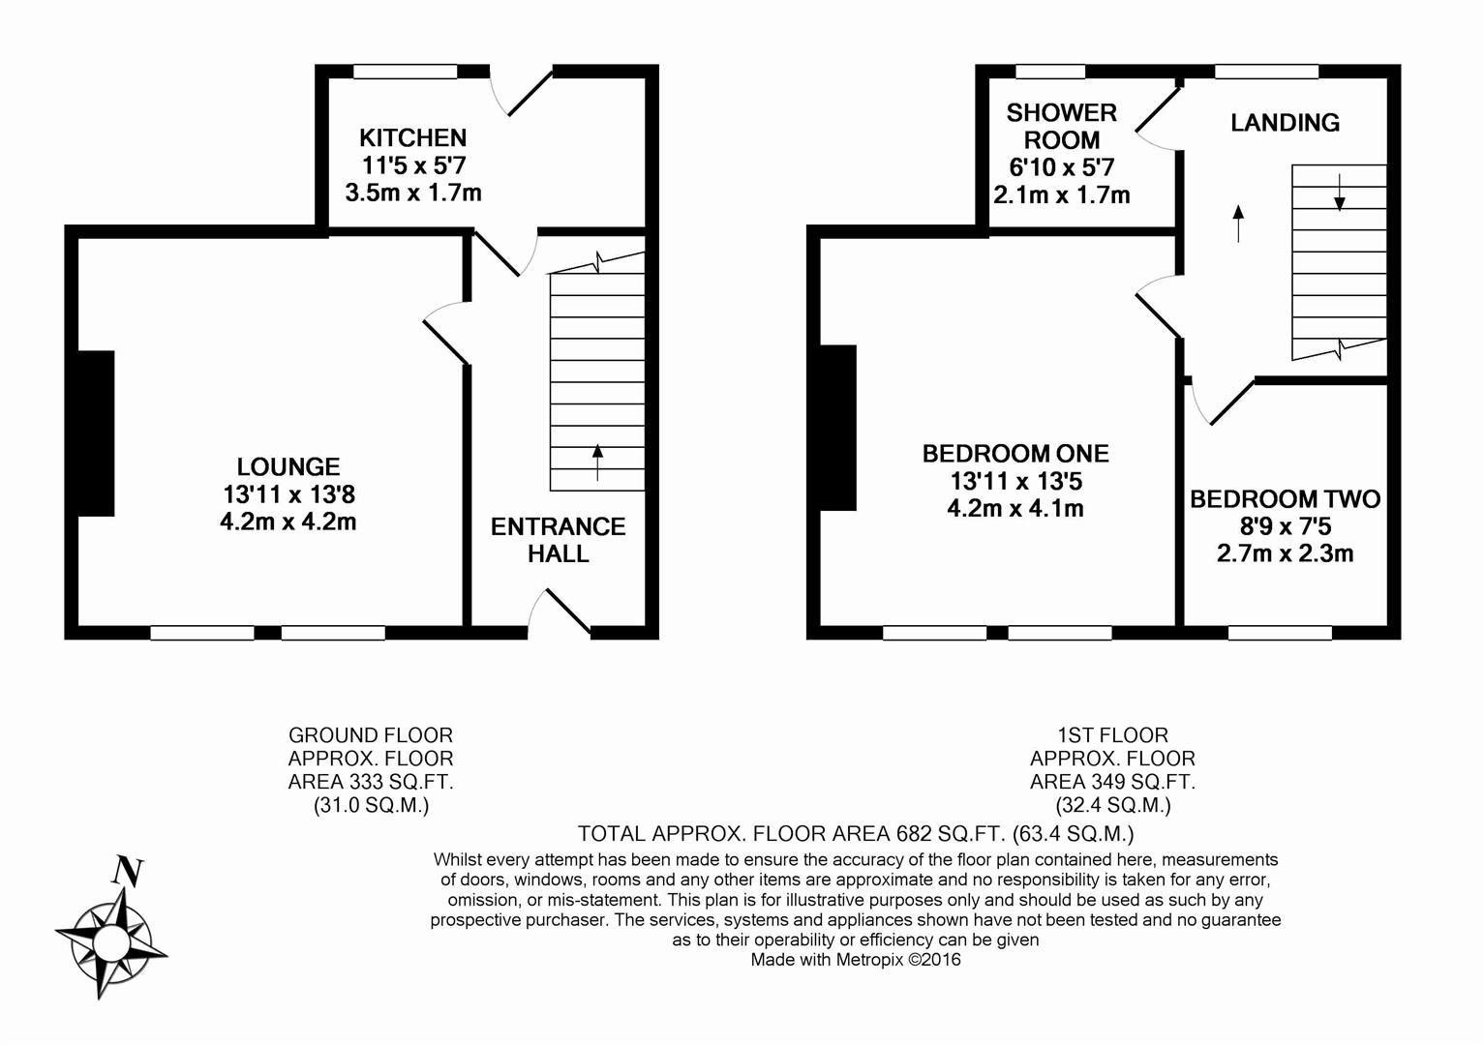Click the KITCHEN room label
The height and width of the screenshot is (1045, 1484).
(412, 138)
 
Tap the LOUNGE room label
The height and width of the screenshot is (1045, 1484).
(288, 467)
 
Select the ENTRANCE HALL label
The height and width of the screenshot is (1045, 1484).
(558, 540)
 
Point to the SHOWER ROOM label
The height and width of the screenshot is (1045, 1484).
(1061, 126)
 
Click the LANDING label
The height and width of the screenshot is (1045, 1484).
(1285, 123)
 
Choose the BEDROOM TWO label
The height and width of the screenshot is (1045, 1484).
(1285, 499)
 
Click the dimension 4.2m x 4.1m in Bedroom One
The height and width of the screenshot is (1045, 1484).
(1015, 508)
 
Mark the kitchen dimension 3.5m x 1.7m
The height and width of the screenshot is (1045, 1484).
(412, 193)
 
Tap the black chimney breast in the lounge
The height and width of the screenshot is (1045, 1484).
(96, 433)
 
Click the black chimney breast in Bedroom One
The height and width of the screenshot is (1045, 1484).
(838, 427)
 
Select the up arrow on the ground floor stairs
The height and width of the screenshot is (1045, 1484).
(597, 461)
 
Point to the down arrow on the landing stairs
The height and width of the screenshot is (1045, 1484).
(1340, 193)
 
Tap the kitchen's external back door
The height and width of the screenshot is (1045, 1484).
(524, 93)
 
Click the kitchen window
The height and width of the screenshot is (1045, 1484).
(405, 72)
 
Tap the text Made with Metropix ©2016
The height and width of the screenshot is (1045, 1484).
(856, 960)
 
